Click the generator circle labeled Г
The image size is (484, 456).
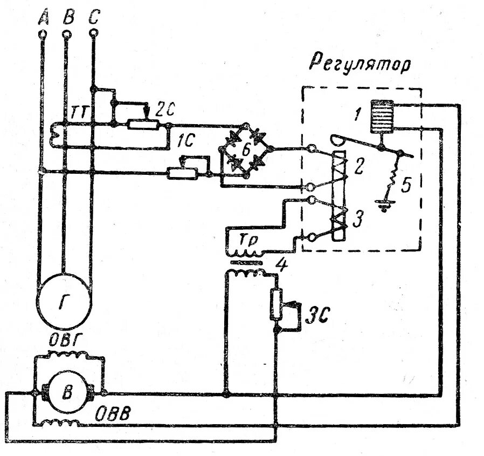64,300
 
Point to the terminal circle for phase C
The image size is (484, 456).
93,33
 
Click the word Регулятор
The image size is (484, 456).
360,65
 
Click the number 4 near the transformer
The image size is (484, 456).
281,264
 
